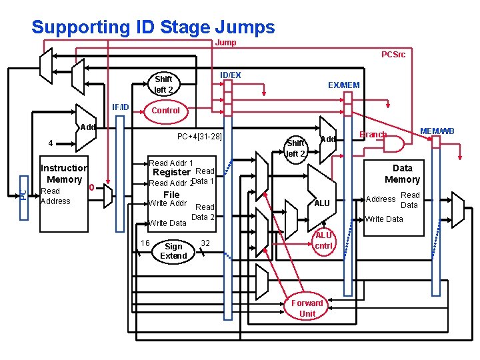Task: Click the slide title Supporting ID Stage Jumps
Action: [x=153, y=27]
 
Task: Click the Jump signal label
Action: [x=225, y=43]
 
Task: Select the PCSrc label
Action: [x=393, y=55]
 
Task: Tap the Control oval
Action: [x=165, y=110]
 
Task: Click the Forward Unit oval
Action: [x=307, y=308]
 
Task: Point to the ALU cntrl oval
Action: [x=323, y=240]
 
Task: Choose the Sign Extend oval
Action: [x=173, y=251]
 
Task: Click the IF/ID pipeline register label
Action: [x=121, y=107]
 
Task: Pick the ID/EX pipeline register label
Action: [x=231, y=75]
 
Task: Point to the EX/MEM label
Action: [x=343, y=85]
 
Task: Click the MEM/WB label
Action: [x=437, y=131]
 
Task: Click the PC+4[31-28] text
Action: [x=199, y=137]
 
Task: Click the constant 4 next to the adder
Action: [x=50, y=143]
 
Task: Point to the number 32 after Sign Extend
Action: [x=205, y=243]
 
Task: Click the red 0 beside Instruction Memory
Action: [x=91, y=187]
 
